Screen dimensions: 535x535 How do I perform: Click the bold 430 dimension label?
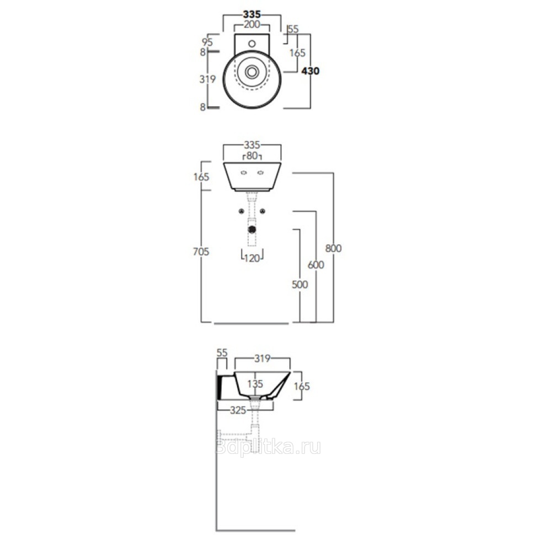point(311,71)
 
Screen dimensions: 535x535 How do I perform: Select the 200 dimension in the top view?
point(252,25)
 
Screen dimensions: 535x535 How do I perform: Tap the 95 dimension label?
point(207,42)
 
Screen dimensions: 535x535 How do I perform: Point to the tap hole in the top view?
point(252,44)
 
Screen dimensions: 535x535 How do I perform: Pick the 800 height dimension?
point(333,248)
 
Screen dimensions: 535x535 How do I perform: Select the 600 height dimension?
point(315,265)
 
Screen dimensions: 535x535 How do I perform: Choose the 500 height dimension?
point(299,284)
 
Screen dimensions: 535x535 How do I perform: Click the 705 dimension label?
point(201,252)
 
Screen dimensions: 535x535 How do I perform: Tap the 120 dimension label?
point(252,258)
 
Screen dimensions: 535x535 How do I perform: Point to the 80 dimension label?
point(252,156)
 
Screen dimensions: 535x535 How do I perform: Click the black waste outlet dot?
point(252,229)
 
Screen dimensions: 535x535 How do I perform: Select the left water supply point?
point(241,212)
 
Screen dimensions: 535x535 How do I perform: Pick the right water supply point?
point(263,212)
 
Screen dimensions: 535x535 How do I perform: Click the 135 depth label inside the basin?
point(255,384)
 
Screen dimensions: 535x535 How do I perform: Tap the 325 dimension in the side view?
point(238,410)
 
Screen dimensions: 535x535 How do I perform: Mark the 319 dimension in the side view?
point(263,359)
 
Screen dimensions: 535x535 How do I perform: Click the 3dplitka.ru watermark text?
point(269,447)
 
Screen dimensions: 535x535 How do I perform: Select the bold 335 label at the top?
point(252,14)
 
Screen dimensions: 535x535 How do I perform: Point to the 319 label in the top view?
point(207,79)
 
